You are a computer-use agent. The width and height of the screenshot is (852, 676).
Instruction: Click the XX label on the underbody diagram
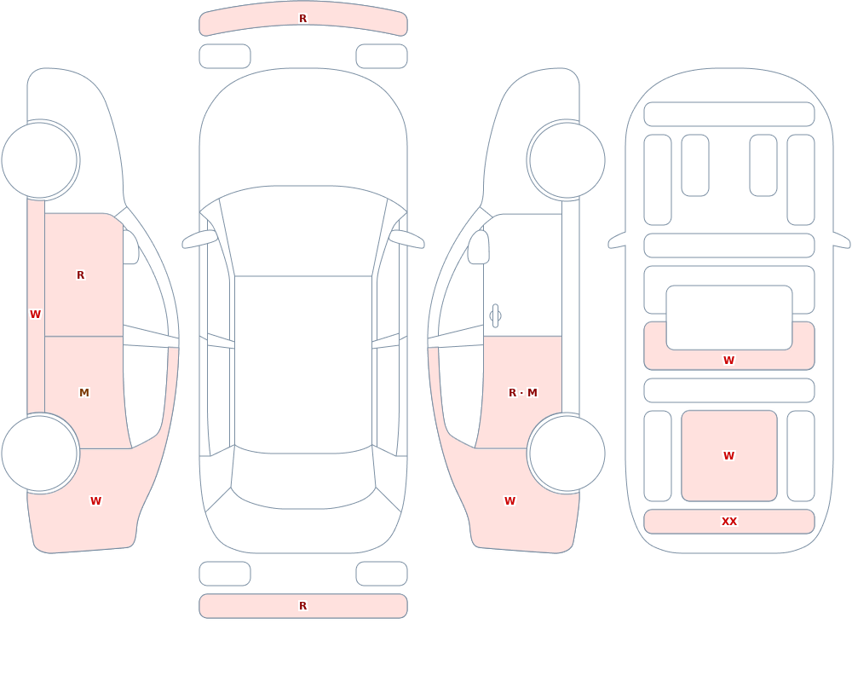coord(728,522)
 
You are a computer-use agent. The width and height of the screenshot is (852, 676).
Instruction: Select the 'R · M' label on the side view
coord(523,393)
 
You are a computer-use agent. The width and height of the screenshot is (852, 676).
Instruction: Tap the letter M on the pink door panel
coord(83,393)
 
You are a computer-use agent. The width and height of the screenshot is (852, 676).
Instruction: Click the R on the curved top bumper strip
coord(302,19)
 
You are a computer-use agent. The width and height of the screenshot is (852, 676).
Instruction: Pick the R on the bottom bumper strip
coord(302,606)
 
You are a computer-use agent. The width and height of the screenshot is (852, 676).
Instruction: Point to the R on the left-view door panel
coord(80,275)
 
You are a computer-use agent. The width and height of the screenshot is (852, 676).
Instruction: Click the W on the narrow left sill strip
coord(35,315)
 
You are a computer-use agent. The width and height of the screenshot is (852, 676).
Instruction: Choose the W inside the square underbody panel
coord(728,456)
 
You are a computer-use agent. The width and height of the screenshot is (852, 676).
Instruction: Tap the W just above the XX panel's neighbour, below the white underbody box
coord(728,360)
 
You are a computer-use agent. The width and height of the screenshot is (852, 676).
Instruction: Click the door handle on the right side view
coord(495,316)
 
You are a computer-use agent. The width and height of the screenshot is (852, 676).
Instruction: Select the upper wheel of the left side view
coord(40,160)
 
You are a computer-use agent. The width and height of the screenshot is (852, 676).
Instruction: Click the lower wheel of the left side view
coord(40,453)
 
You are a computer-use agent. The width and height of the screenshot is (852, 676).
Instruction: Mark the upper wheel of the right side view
coord(567,160)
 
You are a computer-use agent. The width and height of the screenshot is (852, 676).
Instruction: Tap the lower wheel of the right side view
coord(567,453)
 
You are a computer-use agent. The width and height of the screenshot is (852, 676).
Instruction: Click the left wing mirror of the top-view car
coord(199,239)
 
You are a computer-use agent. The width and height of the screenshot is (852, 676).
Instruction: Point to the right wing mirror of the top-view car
coord(406,239)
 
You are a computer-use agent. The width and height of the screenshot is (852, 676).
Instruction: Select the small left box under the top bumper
coord(225,56)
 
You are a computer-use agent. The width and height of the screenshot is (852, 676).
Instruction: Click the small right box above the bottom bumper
coord(382,574)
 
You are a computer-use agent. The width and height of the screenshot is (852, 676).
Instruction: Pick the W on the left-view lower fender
coord(95,501)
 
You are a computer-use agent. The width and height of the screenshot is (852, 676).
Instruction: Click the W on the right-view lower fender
coord(509,501)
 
